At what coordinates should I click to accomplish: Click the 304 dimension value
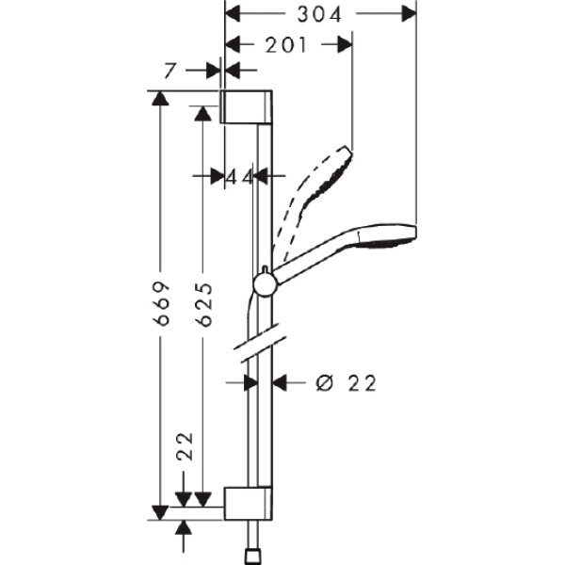tap(319, 14)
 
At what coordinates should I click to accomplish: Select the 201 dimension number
tap(284, 44)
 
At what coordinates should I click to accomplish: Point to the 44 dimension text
tap(240, 175)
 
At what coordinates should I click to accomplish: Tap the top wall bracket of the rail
tap(248, 107)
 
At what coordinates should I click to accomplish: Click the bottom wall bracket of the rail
tap(248, 503)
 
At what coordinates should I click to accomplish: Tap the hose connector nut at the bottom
tap(252, 556)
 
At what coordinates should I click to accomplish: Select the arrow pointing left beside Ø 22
tap(281, 382)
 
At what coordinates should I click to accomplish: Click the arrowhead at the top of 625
tap(202, 113)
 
